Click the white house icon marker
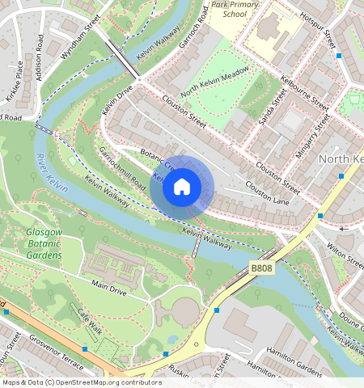tap(182, 187)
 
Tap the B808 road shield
tap(262, 268)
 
